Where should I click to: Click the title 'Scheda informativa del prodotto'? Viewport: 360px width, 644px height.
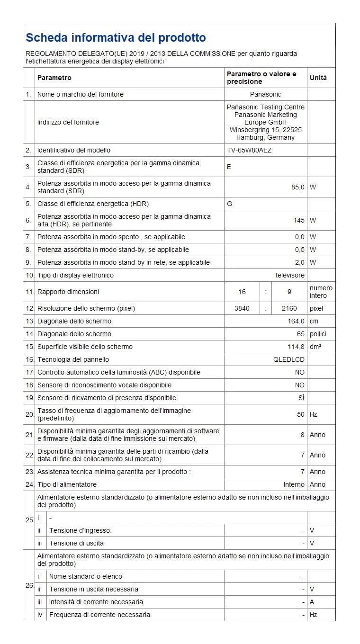pos(116,38)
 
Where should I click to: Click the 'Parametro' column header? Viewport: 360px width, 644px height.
pos(54,78)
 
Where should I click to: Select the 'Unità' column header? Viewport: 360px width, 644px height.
pos(318,78)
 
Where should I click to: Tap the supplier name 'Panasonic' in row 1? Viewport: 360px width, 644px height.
pos(265,94)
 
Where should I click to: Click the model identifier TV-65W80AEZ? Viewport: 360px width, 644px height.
pos(249,150)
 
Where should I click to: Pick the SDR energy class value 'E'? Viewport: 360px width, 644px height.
pos(229,167)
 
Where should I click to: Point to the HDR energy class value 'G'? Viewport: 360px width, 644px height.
pos(230,204)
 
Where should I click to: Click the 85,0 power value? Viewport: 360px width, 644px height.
pos(297,187)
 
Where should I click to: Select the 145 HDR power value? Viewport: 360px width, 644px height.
pos(299,220)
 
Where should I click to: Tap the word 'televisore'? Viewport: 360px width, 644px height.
pos(290,275)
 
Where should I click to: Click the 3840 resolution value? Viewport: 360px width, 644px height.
pos(242,308)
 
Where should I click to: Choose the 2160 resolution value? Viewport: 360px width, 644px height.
pos(289,308)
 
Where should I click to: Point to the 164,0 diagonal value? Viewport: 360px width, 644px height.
pos(295,321)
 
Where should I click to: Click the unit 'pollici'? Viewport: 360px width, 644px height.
pos(318,334)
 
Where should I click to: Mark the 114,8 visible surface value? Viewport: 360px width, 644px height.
pos(295,347)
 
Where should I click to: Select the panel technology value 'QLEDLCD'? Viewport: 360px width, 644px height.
pos(289,359)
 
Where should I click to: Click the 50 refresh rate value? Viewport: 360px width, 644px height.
pos(301,414)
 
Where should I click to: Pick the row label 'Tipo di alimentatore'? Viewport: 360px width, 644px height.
pos(67,484)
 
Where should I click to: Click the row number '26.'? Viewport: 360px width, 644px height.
pos(29,586)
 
